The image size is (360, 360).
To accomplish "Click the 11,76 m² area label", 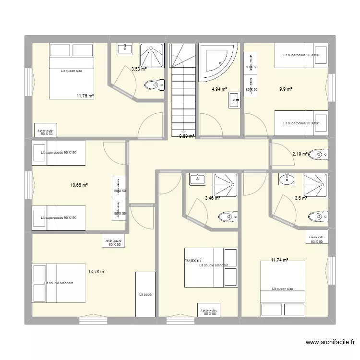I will pos(85,96).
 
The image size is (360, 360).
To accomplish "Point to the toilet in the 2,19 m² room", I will pos(318,155).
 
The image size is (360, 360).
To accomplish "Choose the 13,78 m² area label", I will pos(96,271).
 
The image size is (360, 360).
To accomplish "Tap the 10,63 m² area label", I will pos(193,261).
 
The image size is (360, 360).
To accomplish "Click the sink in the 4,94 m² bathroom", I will pos(235,101).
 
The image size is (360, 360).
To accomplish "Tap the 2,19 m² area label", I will pos(300,154).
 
